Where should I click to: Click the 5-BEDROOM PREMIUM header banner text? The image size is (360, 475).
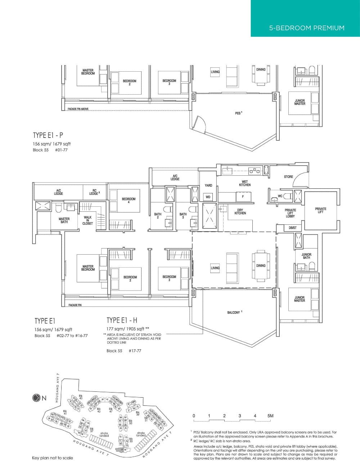tap(306, 28)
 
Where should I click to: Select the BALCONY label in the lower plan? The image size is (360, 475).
tap(234, 312)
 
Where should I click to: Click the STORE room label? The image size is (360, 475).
tap(288, 177)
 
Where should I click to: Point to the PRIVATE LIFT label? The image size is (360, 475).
tap(320, 210)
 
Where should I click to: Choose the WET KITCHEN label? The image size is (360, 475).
tap(244, 183)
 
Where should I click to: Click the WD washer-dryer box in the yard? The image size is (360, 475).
tap(208, 197)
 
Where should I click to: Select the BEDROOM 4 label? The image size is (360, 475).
tap(129, 200)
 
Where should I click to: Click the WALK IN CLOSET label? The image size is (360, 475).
tap(87, 220)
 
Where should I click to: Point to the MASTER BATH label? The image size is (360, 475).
tap(64, 220)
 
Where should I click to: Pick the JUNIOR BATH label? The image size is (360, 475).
tap(306, 256)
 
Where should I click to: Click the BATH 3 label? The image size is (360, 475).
tap(183, 216)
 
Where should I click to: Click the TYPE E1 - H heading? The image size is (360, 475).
tap(122, 320)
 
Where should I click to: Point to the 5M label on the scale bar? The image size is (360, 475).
tap(270, 416)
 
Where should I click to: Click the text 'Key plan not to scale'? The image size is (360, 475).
tap(52, 458)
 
